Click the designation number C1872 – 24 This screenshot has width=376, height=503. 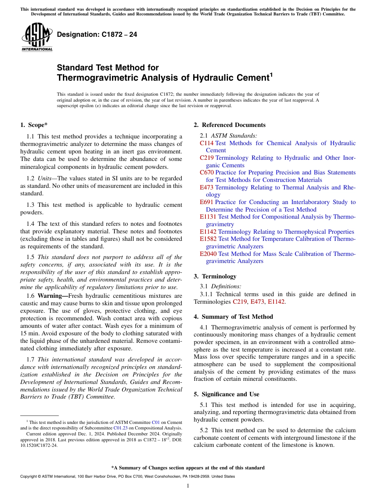(x=97, y=34)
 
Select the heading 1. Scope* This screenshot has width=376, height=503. (x=34, y=125)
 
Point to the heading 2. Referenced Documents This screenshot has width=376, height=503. (x=230, y=125)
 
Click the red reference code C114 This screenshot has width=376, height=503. (x=207, y=143)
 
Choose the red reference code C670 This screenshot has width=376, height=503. (x=207, y=172)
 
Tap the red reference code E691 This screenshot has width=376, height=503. (x=207, y=202)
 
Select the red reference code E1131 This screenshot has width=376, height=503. (x=208, y=217)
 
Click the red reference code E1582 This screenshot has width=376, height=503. (x=208, y=239)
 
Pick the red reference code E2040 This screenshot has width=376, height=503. (x=208, y=254)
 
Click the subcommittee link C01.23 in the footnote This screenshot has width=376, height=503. (x=119, y=428)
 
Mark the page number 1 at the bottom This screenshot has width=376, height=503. (x=188, y=486)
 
